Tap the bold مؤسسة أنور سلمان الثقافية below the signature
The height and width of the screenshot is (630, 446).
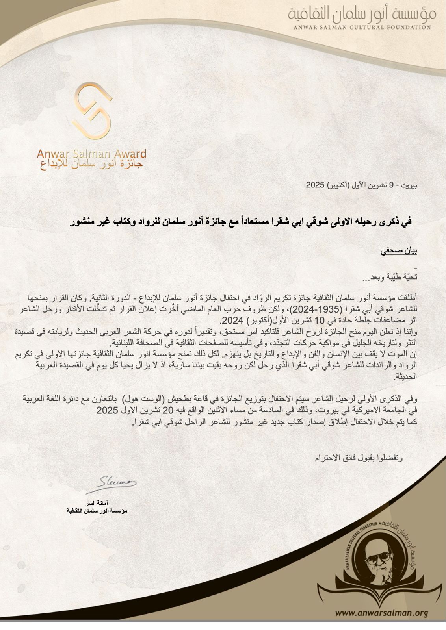point(97,511)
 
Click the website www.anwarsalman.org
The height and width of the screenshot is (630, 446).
point(382,613)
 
